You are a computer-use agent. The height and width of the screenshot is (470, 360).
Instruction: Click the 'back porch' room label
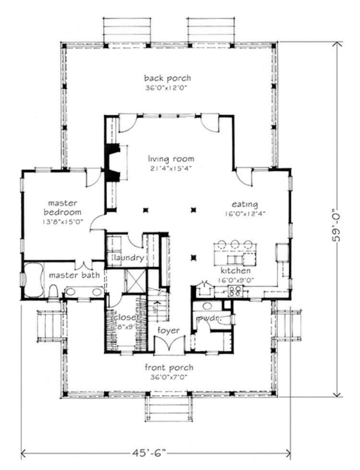[168, 78]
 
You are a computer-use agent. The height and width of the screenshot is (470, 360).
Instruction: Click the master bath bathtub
[33, 280]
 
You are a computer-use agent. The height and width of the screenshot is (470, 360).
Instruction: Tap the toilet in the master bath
[53, 291]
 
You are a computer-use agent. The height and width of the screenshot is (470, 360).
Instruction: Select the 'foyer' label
[168, 331]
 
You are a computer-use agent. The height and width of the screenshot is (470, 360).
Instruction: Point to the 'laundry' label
[129, 258]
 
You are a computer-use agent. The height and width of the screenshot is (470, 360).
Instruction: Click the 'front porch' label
[169, 368]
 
